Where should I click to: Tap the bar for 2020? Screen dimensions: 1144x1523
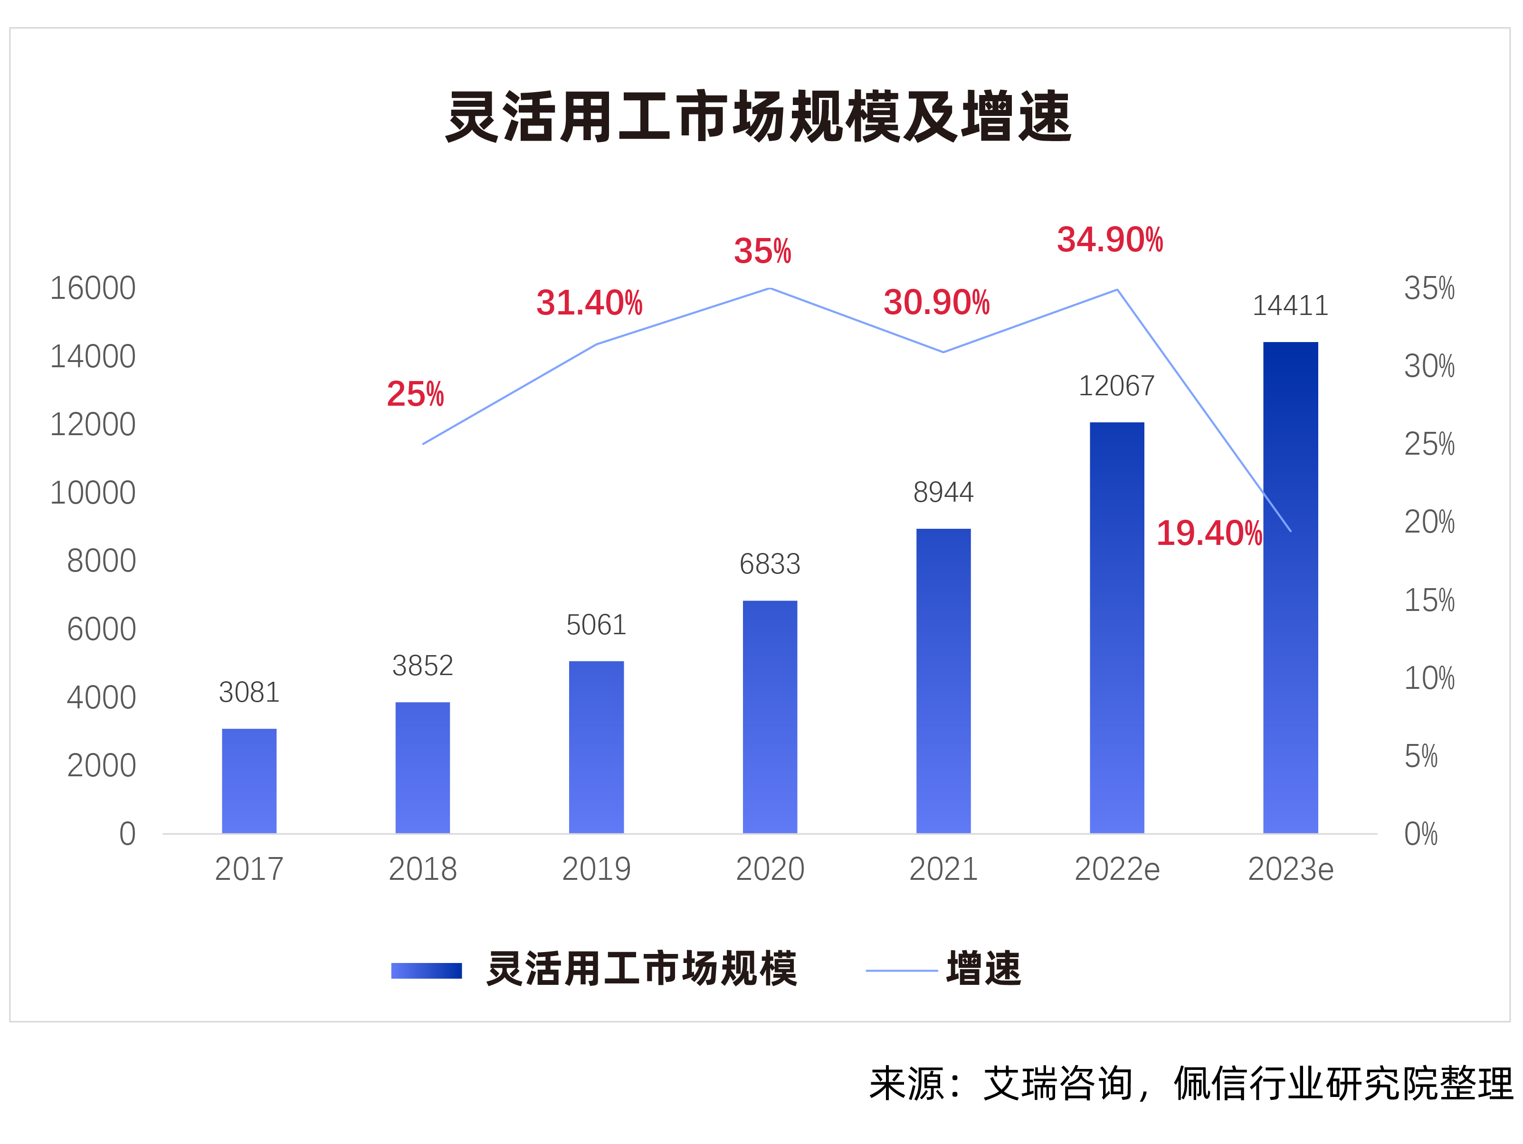tap(770, 716)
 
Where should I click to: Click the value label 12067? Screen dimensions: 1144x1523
tap(1116, 386)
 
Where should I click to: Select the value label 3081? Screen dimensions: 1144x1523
tap(249, 692)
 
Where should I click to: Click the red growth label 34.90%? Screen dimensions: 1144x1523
tap(1109, 240)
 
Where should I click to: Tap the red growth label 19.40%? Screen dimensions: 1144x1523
tap(1209, 533)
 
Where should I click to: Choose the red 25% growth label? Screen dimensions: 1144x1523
tap(415, 394)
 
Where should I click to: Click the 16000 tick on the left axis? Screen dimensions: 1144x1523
tap(93, 288)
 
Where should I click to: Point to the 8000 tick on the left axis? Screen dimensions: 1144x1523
tap(101, 561)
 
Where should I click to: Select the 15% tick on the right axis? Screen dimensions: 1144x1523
tap(1429, 601)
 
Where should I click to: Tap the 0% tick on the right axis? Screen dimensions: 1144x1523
tap(1420, 834)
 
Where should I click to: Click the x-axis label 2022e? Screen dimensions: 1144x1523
tap(1117, 869)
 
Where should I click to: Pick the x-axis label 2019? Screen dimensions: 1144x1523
tap(596, 869)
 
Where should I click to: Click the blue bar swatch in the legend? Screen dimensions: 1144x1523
tap(426, 971)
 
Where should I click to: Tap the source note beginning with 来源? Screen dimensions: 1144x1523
tap(1190, 1084)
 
